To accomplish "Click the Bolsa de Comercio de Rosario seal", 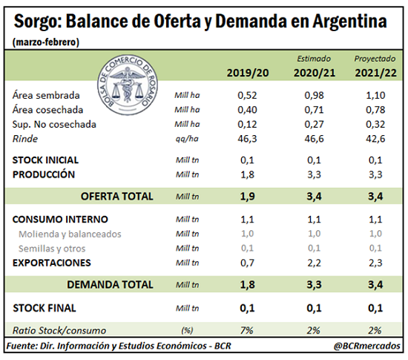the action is tap(128, 85).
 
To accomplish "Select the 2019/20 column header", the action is tap(248, 73).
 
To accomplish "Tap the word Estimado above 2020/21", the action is tap(314, 59).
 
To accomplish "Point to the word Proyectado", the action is tap(375, 59).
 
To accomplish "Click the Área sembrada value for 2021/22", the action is tap(375, 95).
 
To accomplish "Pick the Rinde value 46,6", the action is tap(314, 139).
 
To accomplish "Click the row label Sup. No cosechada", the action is tap(54, 125).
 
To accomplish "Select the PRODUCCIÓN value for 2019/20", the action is tap(247, 174).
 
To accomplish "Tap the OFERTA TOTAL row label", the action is tap(116, 196).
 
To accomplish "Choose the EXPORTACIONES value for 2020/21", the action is tap(314, 263).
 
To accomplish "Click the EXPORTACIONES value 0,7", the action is tap(247, 263).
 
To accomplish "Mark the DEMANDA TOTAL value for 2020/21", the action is tap(314, 285).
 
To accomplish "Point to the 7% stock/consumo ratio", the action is tap(247, 330).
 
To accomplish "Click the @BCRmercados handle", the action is tap(367, 346).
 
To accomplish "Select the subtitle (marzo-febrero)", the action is tap(46, 42).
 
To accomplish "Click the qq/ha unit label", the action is tap(187, 139).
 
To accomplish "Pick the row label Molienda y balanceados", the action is tap(70, 235).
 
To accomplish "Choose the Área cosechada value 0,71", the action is tap(314, 110).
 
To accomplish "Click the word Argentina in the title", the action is tap(349, 22).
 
